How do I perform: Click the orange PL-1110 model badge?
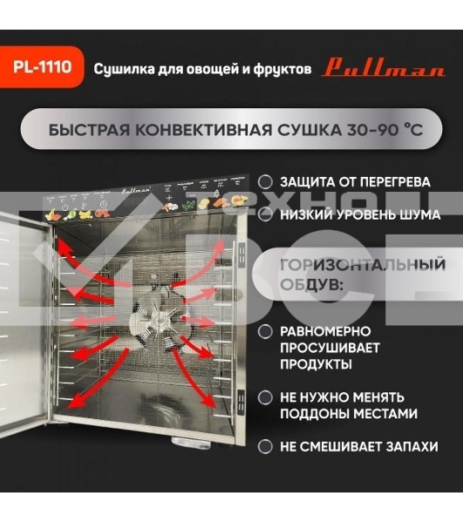pos(42,67)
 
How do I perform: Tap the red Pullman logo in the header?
pos(383,68)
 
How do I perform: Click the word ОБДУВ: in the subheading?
pos(311,285)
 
